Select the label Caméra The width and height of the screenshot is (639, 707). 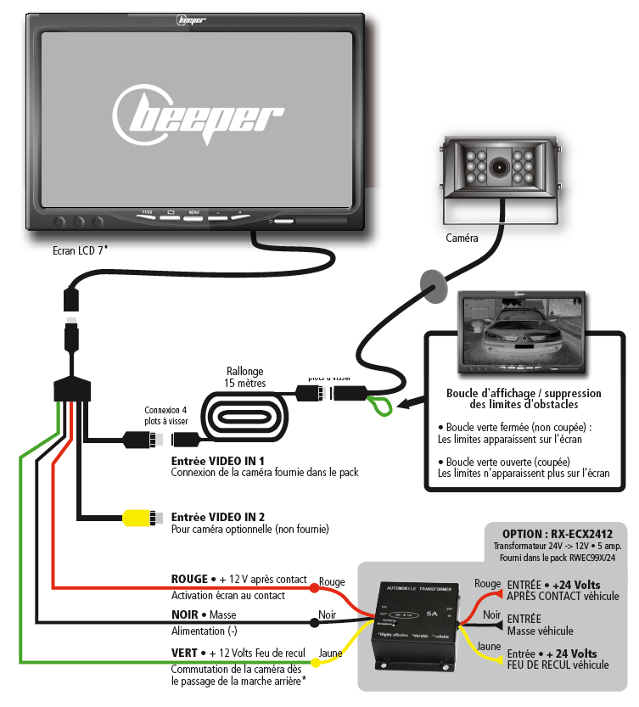pos(462,238)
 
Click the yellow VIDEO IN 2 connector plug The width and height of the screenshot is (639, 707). pos(137,516)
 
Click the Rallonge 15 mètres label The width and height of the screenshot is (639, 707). pos(245,377)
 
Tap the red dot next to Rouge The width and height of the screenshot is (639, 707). pos(314,586)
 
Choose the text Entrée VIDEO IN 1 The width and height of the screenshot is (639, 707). pos(218,459)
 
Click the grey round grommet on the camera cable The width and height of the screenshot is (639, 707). pos(432,286)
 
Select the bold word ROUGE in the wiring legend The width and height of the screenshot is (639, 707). pos(189,579)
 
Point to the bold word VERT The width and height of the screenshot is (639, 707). pos(185,652)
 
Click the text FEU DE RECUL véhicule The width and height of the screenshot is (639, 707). pos(558,665)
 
